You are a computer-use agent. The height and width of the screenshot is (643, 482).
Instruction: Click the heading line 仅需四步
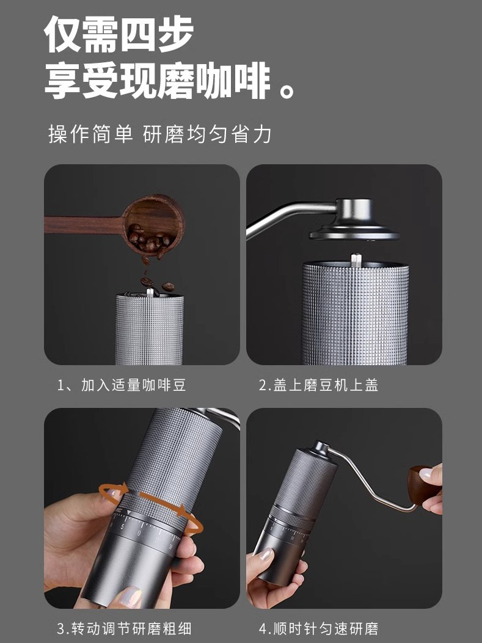pyautogui.click(x=119, y=35)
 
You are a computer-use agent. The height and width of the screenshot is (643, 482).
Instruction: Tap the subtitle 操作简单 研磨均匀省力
pyautogui.click(x=159, y=134)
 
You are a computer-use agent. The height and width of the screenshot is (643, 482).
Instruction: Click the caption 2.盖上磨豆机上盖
pyautogui.click(x=319, y=385)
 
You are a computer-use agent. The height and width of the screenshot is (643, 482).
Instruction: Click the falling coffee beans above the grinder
pyautogui.click(x=158, y=283)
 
